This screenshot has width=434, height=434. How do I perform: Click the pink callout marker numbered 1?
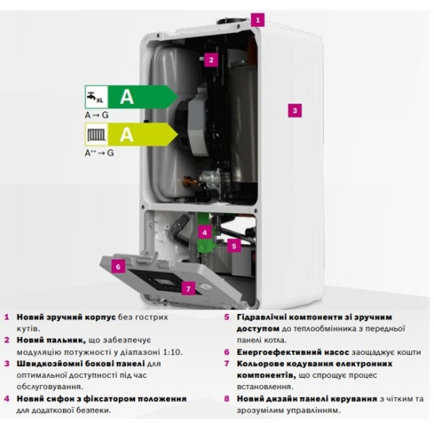[x=258, y=20]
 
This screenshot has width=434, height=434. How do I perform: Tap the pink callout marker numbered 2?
[x=211, y=60]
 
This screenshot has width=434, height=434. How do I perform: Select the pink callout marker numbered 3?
[x=295, y=110]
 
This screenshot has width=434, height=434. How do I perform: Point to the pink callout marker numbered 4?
[x=204, y=233]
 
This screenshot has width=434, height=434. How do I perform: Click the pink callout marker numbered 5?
[x=234, y=245]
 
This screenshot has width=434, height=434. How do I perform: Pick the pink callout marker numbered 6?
[x=118, y=266]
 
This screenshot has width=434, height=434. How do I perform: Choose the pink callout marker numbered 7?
[x=189, y=289]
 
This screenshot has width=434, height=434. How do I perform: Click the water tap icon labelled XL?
[x=95, y=97]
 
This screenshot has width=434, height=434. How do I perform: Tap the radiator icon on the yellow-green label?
[x=96, y=134]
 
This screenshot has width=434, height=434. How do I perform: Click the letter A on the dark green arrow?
[x=127, y=97]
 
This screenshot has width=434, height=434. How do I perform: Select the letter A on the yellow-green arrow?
[x=127, y=135]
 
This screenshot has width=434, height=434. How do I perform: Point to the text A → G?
[x=96, y=115]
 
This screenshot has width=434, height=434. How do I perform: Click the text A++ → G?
[x=99, y=152]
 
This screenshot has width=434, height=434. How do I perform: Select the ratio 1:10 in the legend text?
[x=173, y=352]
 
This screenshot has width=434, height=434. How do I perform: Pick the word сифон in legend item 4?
[x=61, y=398]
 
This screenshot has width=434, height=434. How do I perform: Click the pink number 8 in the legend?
[x=226, y=398]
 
